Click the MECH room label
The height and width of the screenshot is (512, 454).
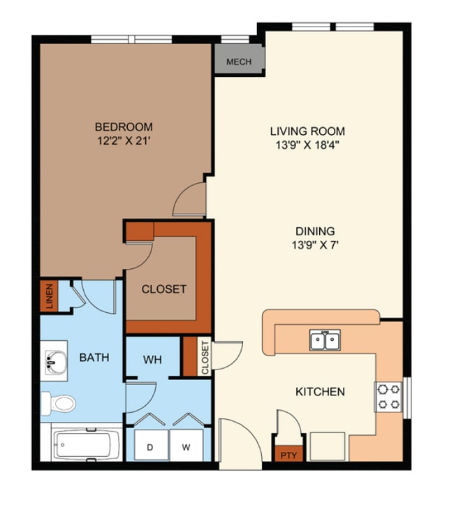coord(239,61)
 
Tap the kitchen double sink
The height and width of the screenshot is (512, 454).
coord(325,340)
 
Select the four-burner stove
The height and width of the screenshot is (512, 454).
coord(388,397)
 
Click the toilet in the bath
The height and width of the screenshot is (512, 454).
coord(59,404)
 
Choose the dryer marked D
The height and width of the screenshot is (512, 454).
coord(150,446)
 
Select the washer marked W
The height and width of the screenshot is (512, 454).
coord(186,446)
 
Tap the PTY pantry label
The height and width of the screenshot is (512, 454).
coord(288,455)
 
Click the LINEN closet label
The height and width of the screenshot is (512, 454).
coord(49,296)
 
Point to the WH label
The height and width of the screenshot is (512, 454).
coord(152,360)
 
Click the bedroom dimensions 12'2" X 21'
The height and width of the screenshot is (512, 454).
coord(124,141)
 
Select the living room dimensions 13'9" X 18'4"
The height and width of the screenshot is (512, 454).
coord(307,145)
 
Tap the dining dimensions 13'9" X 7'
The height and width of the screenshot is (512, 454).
coord(315,244)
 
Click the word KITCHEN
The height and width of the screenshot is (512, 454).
coord(320,392)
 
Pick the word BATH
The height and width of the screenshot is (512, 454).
coord(94,358)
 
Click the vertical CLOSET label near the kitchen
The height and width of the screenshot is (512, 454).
coord(205,358)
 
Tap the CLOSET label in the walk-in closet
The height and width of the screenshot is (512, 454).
coord(164,289)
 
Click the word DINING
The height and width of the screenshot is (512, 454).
coord(315,231)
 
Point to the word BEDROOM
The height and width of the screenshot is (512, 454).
coord(124,126)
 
